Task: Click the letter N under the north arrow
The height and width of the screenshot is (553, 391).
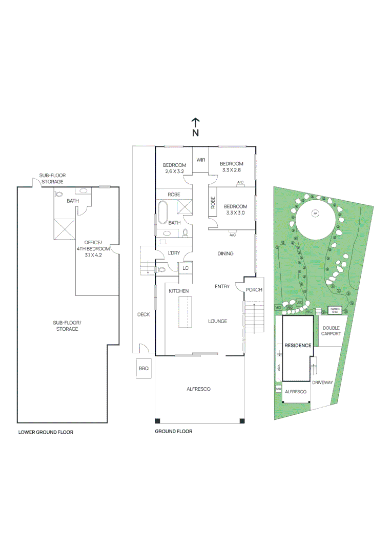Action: coord(195,133)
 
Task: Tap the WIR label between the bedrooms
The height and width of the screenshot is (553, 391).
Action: coord(200,160)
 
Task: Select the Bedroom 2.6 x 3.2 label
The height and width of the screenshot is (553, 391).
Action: coord(174,168)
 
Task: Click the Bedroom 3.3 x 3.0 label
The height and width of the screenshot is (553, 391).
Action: coord(235,209)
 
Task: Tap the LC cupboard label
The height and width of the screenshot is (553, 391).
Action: coord(185,268)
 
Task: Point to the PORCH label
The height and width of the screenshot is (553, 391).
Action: coord(254,290)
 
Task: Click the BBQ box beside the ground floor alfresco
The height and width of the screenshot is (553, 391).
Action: coord(143,368)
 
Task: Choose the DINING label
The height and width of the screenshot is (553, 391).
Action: coord(225,253)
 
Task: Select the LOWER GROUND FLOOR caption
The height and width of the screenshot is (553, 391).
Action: coord(46,432)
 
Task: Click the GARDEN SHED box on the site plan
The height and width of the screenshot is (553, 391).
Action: coord(335,310)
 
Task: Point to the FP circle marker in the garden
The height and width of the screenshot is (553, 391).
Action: coord(316,213)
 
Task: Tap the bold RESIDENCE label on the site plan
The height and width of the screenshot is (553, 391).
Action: coord(297,345)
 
